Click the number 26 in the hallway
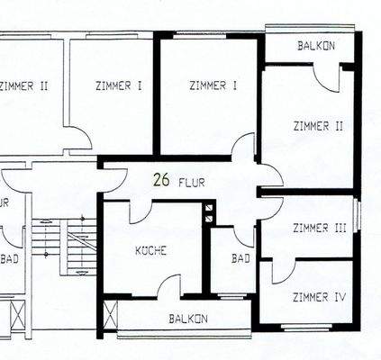[x=162, y=180]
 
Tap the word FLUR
[x=191, y=182]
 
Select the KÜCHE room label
[x=150, y=251]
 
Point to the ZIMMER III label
[x=320, y=229]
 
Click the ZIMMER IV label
[x=319, y=295]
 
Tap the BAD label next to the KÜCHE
[x=240, y=259]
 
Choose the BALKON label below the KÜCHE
[x=188, y=319]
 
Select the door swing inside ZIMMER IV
[x=281, y=271]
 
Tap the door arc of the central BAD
[x=244, y=235]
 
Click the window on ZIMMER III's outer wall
[x=358, y=216]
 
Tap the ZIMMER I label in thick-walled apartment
[x=213, y=85]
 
